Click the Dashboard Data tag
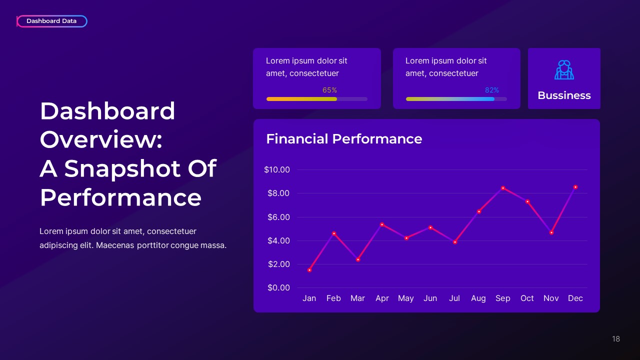(51, 21)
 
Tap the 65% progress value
(329, 90)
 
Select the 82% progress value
(491, 90)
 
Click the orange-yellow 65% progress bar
(301, 99)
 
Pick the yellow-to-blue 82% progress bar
(450, 99)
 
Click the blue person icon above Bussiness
(564, 70)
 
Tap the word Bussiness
(564, 95)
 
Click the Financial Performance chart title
(344, 139)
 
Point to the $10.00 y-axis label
(277, 170)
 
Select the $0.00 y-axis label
(278, 288)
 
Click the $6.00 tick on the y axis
(278, 217)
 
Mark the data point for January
(309, 270)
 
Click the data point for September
(502, 188)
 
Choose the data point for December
(575, 187)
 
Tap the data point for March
(357, 259)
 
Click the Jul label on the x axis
(454, 298)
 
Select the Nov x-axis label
(551, 298)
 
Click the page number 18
(615, 339)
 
